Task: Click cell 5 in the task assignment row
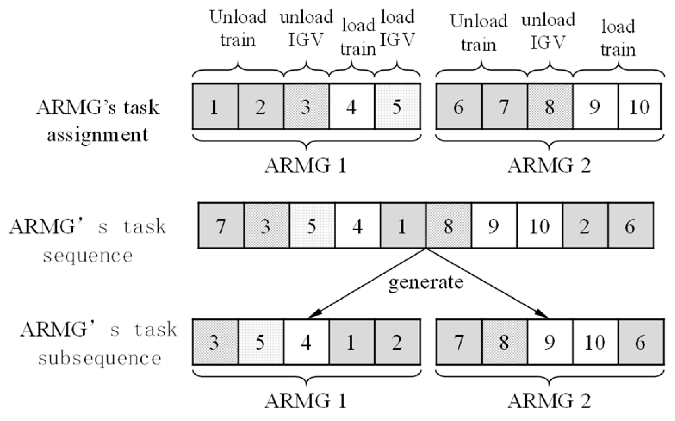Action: tap(397, 107)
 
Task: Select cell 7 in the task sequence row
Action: tap(221, 226)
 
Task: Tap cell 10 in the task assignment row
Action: tap(639, 107)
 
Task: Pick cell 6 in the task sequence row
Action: tap(630, 226)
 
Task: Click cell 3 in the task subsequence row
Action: tap(215, 342)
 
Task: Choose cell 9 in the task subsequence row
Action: tap(549, 342)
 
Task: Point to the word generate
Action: tap(426, 282)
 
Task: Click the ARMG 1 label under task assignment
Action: tap(306, 166)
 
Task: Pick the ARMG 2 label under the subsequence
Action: tap(549, 401)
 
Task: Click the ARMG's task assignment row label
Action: tap(98, 120)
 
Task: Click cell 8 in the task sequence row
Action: tap(448, 226)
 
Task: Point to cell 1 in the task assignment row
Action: tap(215, 107)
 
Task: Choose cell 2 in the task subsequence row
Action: tap(397, 342)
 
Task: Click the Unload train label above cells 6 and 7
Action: tap(479, 32)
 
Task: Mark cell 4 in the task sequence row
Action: tap(357, 226)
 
